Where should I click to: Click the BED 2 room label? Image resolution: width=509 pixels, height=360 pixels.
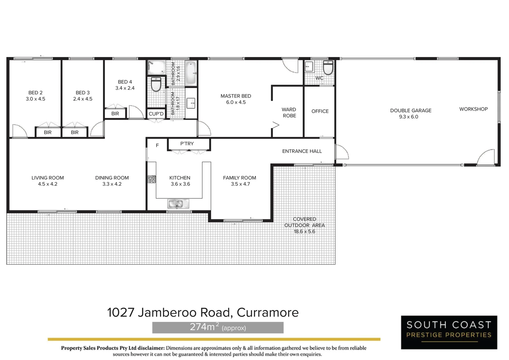[35, 93]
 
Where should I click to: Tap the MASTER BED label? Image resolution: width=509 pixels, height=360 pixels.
[236, 96]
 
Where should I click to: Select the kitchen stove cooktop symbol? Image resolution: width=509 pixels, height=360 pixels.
[152, 179]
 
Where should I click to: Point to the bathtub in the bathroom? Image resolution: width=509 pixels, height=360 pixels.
[191, 73]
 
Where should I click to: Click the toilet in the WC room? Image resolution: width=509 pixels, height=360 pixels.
[328, 68]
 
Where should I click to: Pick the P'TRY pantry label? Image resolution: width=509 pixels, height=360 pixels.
[187, 144]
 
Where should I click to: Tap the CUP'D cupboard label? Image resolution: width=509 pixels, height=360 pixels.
[156, 114]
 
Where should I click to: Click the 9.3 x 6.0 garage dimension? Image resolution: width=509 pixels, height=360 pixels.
[408, 117]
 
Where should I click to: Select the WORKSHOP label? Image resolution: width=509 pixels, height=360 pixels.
[473, 109]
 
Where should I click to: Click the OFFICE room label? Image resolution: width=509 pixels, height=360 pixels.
[320, 111]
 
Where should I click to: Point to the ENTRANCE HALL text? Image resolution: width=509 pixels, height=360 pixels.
[302, 151]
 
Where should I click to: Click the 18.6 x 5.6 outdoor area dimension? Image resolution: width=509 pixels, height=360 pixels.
[304, 231]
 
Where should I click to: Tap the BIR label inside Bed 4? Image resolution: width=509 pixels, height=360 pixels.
[115, 114]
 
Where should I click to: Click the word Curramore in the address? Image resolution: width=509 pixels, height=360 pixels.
[267, 313]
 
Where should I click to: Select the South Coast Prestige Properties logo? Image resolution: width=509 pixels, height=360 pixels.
[449, 332]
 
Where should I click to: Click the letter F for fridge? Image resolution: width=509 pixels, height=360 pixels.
[157, 145]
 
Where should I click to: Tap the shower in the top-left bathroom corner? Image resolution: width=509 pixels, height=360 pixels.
[156, 68]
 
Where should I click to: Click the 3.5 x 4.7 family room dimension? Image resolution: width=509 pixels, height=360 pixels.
[240, 184]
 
